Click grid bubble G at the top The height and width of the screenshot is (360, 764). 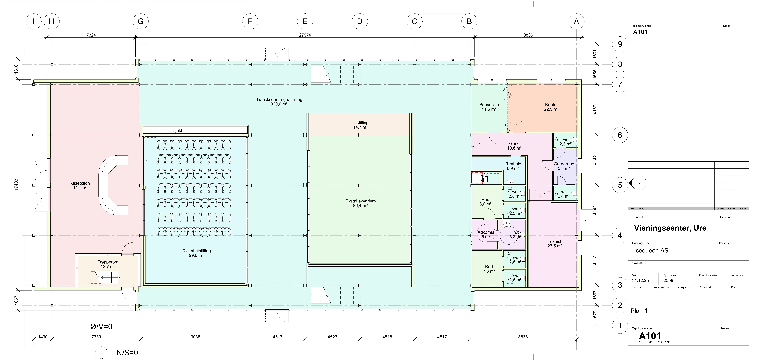(x=141, y=21)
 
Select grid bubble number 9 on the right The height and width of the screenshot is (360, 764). (x=620, y=44)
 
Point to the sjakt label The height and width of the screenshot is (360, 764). (x=178, y=130)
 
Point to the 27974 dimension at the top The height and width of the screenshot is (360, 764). (x=305, y=35)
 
